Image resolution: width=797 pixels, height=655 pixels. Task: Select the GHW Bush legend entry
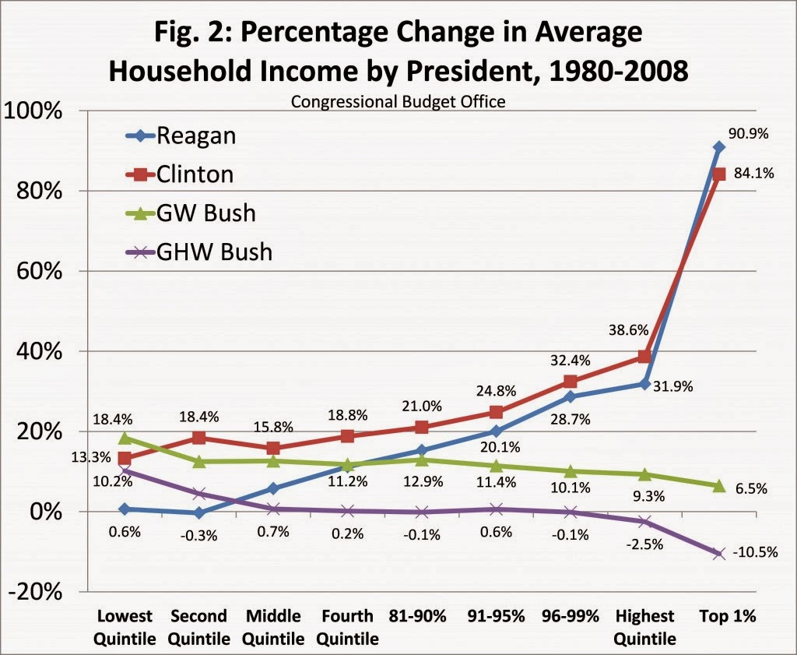pos(215,251)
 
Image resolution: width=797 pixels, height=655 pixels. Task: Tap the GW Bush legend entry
pos(206,212)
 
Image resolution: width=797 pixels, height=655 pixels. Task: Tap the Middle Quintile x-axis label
pos(274,627)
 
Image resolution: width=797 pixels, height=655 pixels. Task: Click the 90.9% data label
pos(750,133)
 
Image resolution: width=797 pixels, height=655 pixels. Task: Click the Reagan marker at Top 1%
pos(719,146)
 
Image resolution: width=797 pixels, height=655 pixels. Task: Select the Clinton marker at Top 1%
pos(719,174)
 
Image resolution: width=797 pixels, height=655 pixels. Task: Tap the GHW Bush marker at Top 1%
pos(719,553)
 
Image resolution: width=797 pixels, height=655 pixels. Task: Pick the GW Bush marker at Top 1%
pos(719,486)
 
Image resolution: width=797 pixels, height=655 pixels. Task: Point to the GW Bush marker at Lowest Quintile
pos(125,438)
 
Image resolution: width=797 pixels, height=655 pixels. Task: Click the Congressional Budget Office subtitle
pos(398,101)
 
